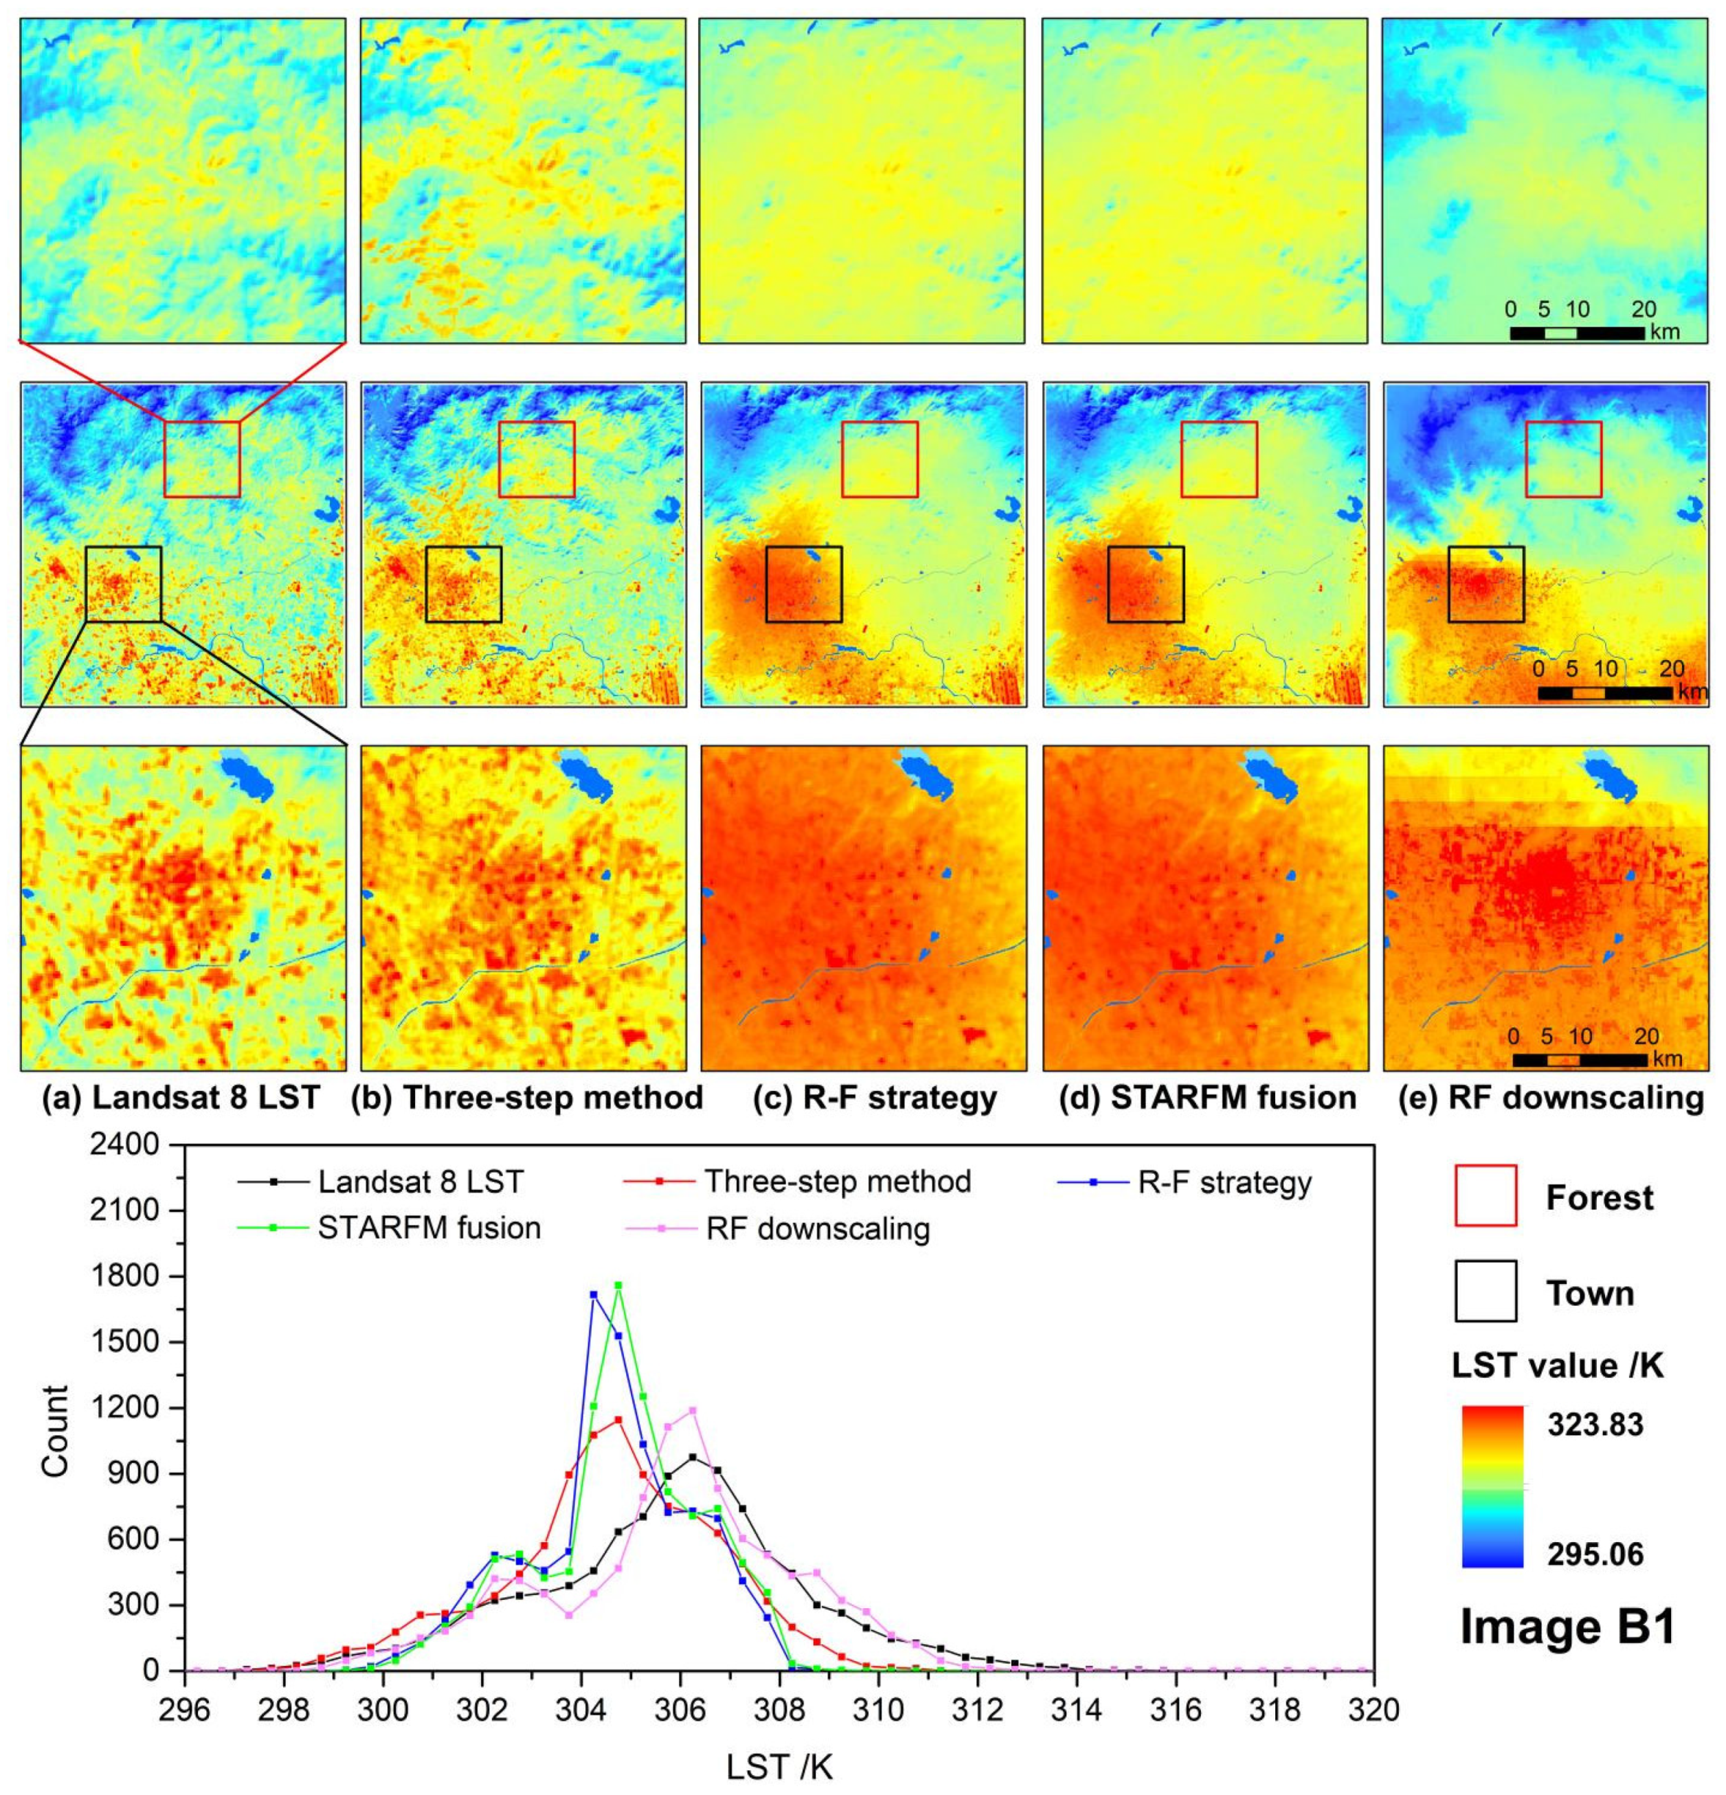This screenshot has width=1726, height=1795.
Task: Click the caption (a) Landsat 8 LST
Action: [181, 1098]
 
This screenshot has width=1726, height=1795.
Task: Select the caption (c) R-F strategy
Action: [874, 1098]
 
